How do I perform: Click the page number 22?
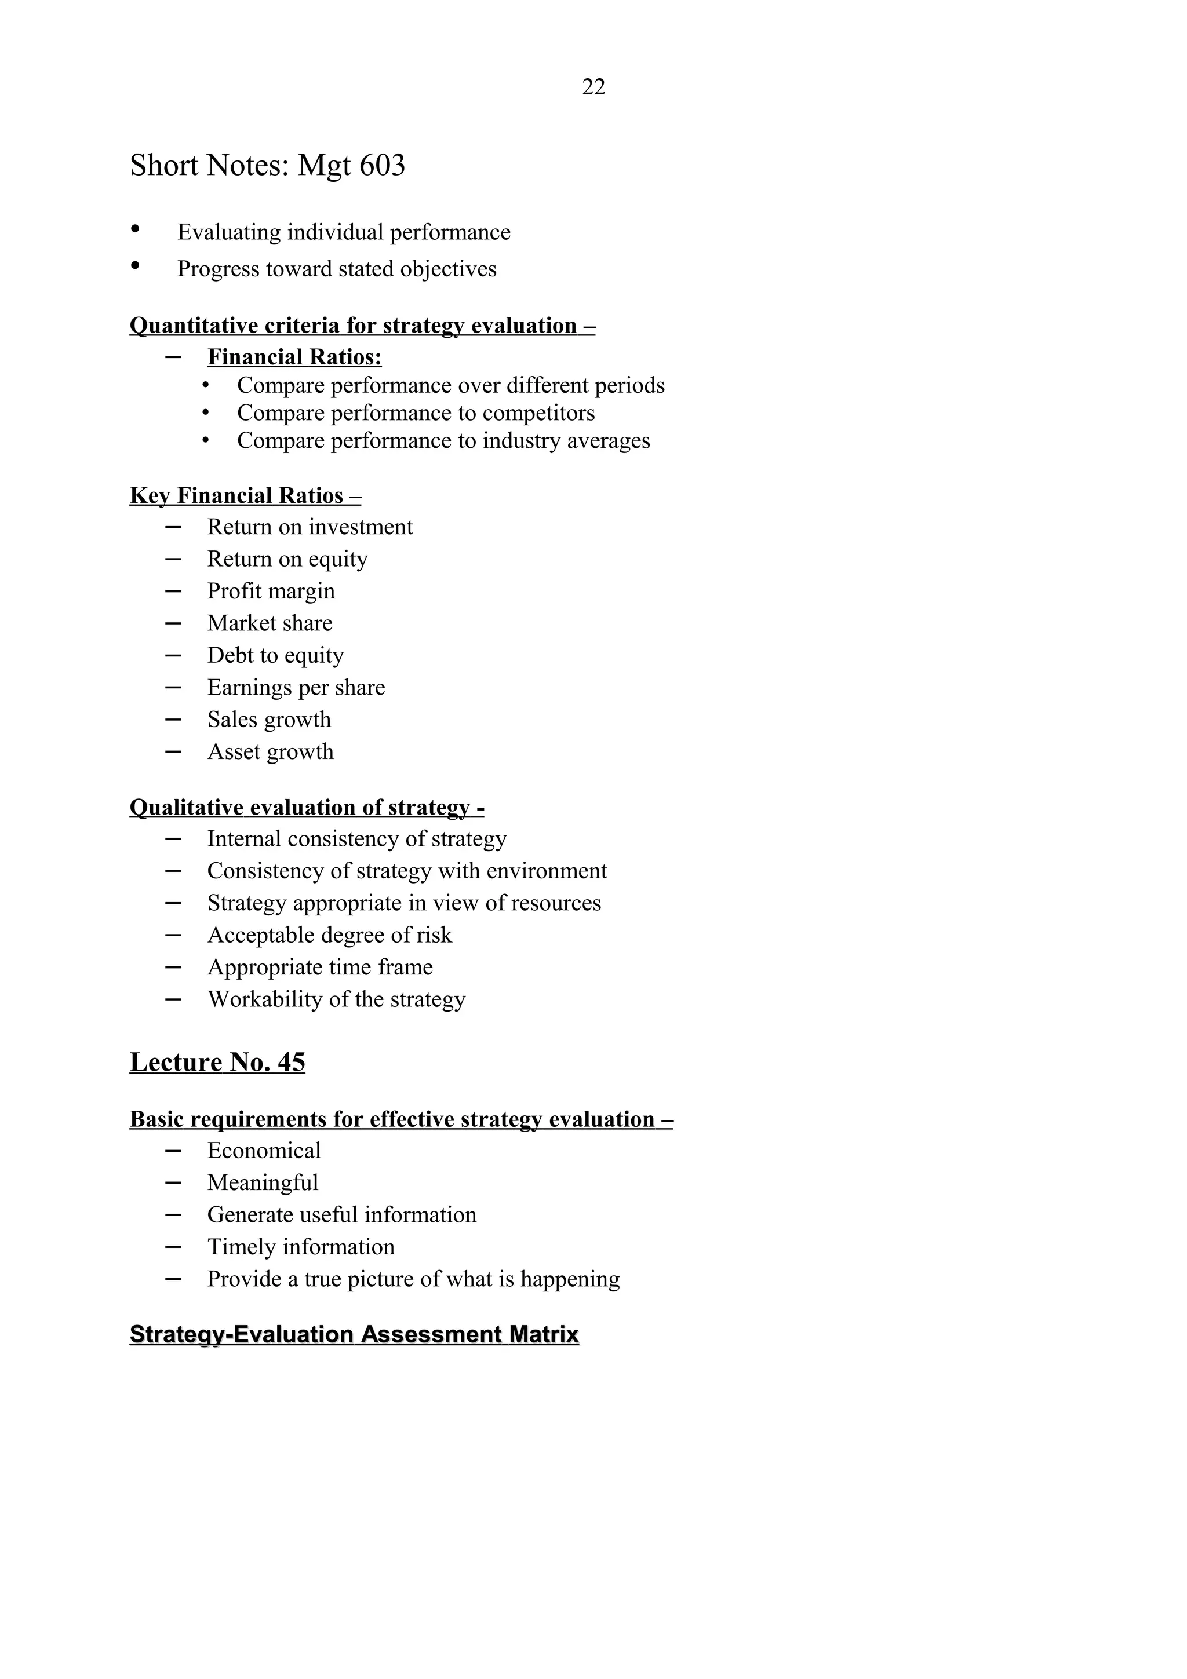point(593,87)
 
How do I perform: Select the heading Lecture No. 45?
point(217,1062)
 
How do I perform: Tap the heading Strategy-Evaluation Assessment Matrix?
point(354,1335)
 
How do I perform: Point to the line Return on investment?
point(310,527)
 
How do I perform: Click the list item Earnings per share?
point(296,687)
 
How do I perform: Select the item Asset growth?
point(270,752)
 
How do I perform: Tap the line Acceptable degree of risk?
point(329,935)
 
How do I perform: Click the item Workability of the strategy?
point(336,999)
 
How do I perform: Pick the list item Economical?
point(263,1150)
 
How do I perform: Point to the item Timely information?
point(301,1247)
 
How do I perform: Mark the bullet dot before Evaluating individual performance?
point(134,229)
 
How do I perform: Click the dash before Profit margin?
point(173,590)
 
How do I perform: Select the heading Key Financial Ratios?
point(245,496)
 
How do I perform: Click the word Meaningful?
point(263,1182)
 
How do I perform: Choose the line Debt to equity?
point(275,655)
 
